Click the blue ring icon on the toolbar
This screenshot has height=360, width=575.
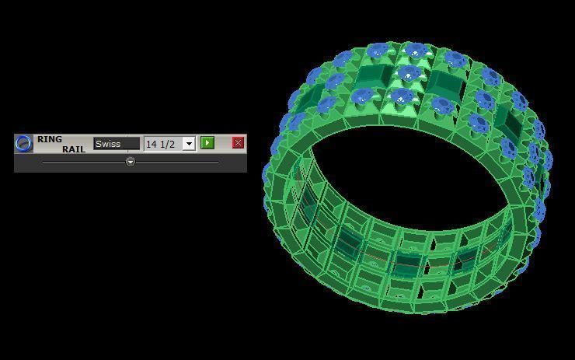click(x=24, y=143)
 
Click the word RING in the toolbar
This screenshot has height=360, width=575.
click(x=50, y=139)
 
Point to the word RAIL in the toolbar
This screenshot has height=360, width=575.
click(x=74, y=149)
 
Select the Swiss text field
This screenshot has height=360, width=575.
click(x=117, y=144)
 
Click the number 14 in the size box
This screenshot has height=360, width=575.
click(x=152, y=144)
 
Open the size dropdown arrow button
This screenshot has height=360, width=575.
click(x=188, y=144)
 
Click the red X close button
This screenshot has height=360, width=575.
click(x=238, y=143)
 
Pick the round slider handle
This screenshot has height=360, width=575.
click(x=131, y=162)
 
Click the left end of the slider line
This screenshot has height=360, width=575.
click(x=44, y=162)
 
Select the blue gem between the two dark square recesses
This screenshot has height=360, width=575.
click(x=407, y=75)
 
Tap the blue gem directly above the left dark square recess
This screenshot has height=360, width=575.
click(x=378, y=52)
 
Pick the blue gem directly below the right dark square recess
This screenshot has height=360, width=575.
click(x=443, y=105)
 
